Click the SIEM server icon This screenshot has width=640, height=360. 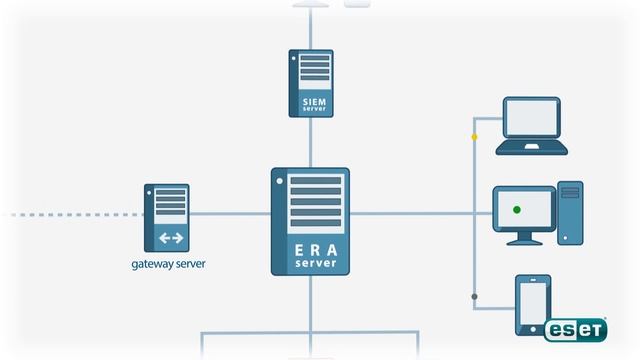(310, 83)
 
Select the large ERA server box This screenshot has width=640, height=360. (310, 221)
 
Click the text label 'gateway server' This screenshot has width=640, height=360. (169, 265)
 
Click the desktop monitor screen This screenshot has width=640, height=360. (524, 209)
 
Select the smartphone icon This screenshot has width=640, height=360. (532, 304)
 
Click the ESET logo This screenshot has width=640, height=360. (576, 329)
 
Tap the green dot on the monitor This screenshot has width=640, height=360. (517, 209)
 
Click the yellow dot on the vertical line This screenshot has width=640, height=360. (474, 136)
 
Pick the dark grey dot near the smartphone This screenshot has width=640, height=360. (474, 296)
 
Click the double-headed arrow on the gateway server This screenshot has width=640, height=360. (171, 238)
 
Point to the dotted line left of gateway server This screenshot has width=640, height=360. (70, 214)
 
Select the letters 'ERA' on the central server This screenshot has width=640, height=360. (310, 250)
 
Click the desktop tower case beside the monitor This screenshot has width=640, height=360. (570, 212)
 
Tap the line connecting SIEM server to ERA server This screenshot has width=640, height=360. (310, 143)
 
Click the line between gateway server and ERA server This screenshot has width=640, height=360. (230, 214)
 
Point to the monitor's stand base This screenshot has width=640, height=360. (523, 242)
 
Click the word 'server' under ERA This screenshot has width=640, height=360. (310, 264)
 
